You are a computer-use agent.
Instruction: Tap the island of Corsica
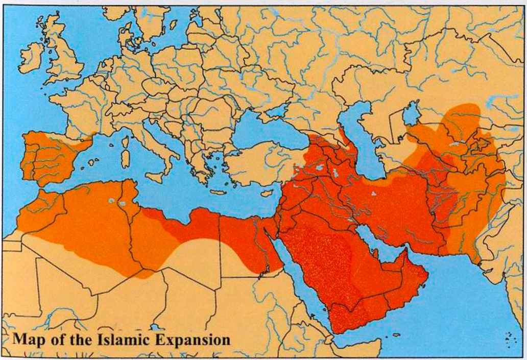click(125, 139)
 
